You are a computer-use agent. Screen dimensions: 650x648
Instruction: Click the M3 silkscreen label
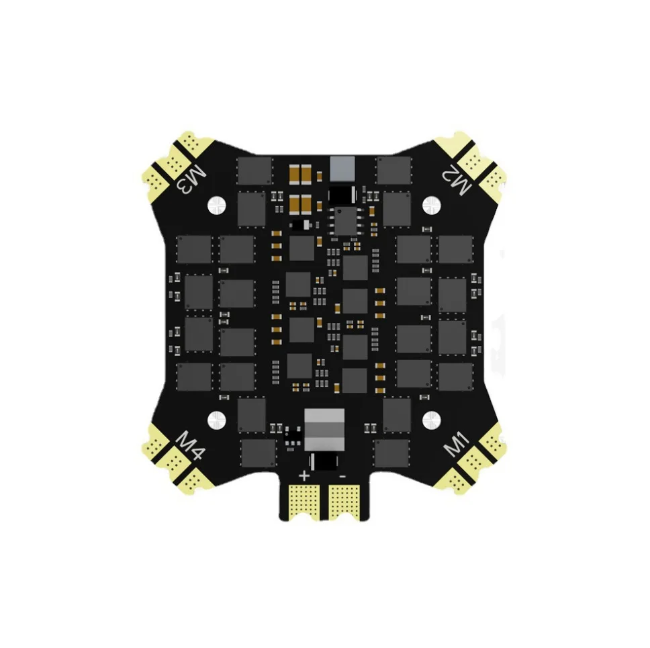point(191,179)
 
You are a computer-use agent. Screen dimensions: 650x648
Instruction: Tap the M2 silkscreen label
point(457,179)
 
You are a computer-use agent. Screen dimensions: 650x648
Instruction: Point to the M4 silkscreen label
point(190,445)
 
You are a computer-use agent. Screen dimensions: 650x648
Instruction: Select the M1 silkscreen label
point(457,445)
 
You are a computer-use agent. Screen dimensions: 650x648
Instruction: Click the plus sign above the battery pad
point(305,475)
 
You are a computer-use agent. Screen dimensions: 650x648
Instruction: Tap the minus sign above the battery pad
point(342,476)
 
